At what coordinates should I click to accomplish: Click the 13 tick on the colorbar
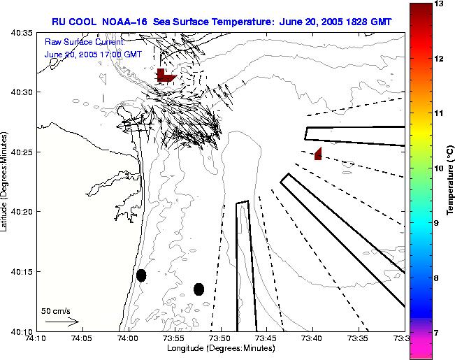click(x=440, y=4)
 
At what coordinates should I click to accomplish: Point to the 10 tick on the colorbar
click(x=440, y=168)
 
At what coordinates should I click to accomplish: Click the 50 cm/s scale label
click(x=55, y=311)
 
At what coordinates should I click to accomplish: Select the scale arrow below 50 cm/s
click(x=62, y=322)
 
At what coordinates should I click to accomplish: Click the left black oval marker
click(x=141, y=275)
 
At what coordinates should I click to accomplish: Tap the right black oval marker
click(x=199, y=289)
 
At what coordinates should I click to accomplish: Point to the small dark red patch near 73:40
click(x=318, y=154)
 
